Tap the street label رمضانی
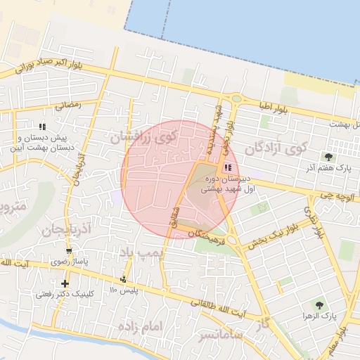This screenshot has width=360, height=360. point(68,105)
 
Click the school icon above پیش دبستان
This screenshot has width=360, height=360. point(43,127)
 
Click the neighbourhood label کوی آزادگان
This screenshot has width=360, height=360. point(277,149)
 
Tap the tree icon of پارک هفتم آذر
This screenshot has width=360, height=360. point(328,156)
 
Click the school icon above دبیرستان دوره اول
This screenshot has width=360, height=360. point(226,167)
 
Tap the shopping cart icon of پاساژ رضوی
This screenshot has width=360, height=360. point(68,250)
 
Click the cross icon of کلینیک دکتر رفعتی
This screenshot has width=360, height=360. point(65,283)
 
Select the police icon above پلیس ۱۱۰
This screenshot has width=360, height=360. point(124,279)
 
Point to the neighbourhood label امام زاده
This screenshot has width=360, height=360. point(141,327)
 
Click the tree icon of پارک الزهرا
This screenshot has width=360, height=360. point(319,305)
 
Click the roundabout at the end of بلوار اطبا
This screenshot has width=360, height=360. point(236,99)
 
